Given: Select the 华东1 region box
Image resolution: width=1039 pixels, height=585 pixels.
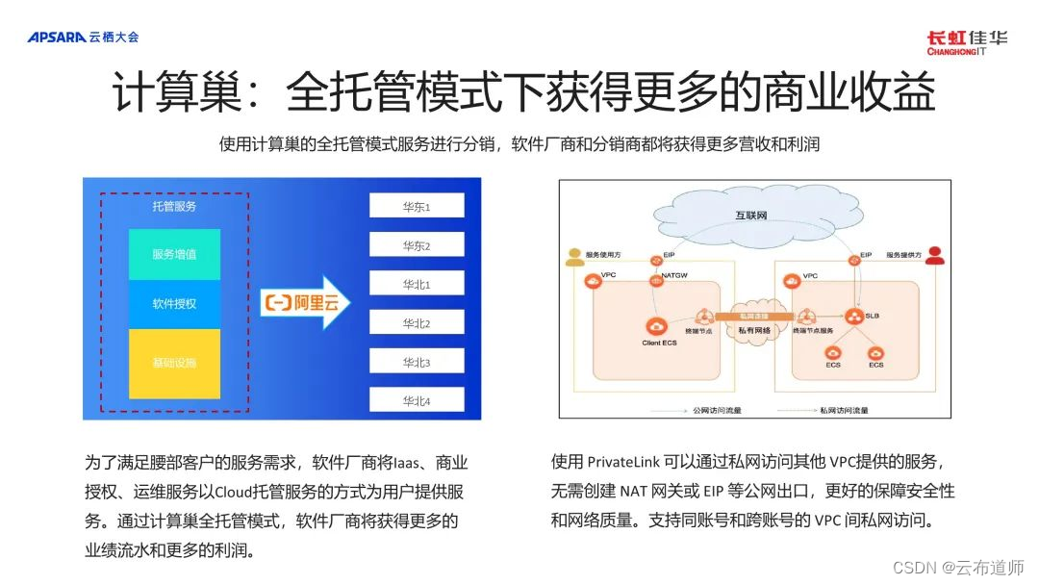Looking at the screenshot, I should tap(416, 206).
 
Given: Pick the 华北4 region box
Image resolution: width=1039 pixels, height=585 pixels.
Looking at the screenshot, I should tap(416, 400).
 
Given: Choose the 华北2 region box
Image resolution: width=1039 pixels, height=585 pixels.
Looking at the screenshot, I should tap(416, 322).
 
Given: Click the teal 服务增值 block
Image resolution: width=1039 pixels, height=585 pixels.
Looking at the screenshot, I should tap(174, 255).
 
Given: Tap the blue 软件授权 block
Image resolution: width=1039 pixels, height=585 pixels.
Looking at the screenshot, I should tap(174, 304).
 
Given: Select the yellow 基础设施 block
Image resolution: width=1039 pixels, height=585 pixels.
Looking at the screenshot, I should tap(174, 364).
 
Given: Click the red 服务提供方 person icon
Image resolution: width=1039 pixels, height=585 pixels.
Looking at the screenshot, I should tap(931, 256).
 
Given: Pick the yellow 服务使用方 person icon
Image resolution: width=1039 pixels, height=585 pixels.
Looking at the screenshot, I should tap(575, 257).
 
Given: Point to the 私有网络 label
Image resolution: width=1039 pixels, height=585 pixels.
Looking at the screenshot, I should tap(754, 330).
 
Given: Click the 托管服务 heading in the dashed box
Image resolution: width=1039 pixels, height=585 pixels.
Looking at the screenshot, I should tap(174, 207).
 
